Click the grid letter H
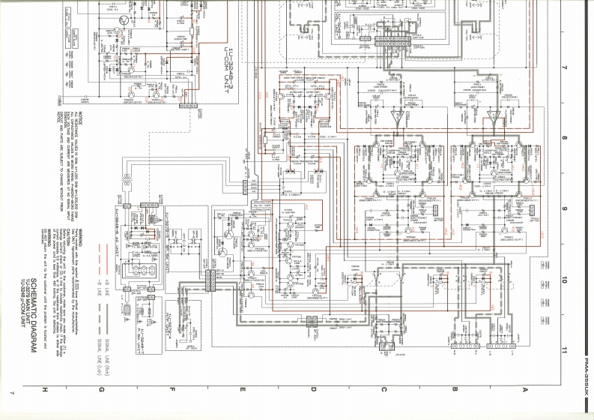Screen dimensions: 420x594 46,388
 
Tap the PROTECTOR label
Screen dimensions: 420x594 259,203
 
